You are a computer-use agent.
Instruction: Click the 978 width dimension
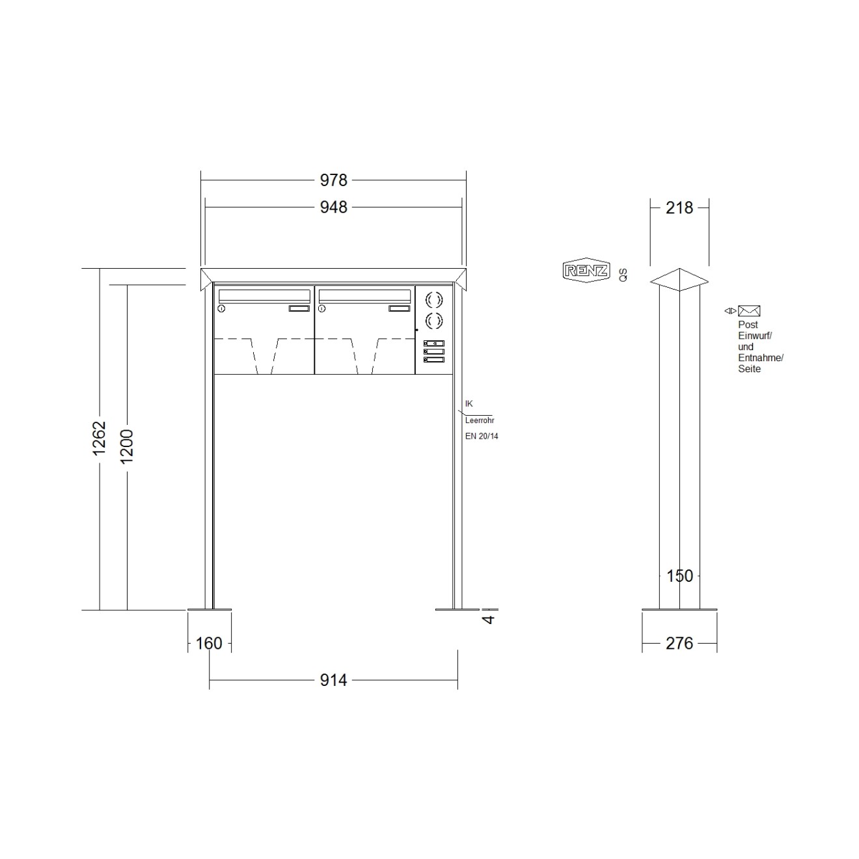pos(333,180)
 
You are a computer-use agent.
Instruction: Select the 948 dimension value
pos(333,208)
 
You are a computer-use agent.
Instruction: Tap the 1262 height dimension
pos(99,438)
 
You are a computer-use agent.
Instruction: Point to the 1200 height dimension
pos(127,446)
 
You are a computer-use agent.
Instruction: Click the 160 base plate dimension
pos(209,643)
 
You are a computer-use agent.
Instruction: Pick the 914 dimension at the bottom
pos(333,680)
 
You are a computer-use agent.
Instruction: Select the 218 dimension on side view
pos(679,208)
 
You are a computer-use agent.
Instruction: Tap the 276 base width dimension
pos(679,643)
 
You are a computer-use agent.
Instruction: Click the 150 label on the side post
pos(679,576)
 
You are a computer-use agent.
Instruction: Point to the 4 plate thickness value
pos(489,619)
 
